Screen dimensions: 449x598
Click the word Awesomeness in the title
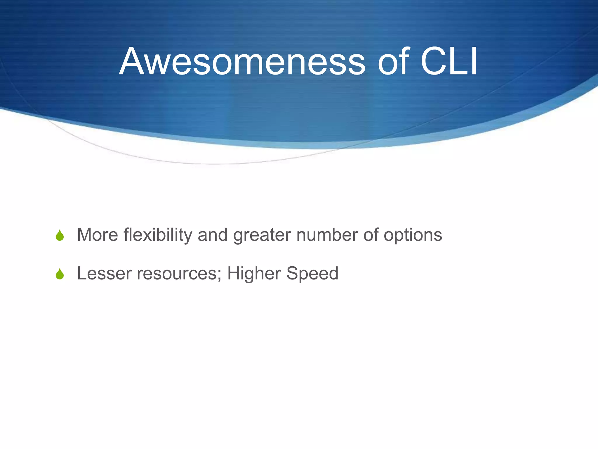242,62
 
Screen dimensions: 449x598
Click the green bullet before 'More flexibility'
60,235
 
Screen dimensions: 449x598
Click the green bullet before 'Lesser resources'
60,274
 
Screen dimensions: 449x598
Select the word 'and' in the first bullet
213,235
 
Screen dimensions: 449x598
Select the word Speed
312,274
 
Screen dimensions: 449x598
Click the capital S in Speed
293,274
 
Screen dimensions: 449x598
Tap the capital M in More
84,235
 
